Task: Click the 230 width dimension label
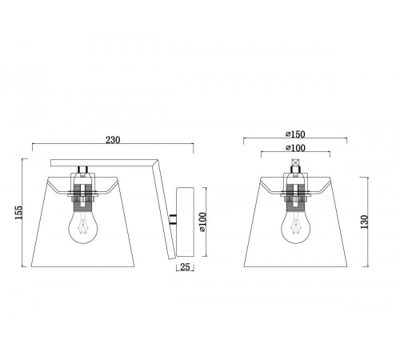(113, 140)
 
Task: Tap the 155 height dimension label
(18, 212)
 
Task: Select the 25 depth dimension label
(185, 266)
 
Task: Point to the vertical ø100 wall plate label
(202, 222)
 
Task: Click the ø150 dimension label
(295, 134)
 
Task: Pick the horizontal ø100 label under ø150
(295, 148)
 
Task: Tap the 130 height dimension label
(364, 222)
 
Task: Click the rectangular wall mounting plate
(185, 222)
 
